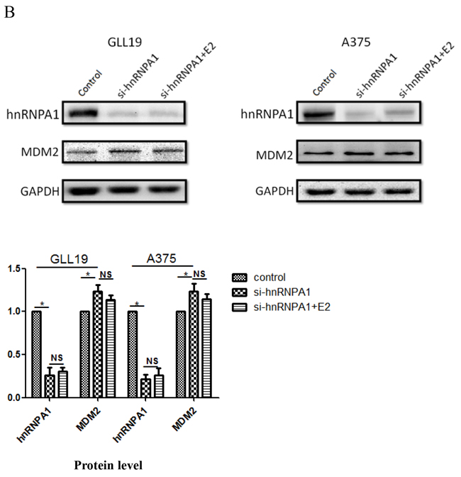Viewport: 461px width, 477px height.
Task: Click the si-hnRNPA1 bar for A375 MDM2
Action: click(193, 344)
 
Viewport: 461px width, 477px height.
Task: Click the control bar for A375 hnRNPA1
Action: click(131, 354)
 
